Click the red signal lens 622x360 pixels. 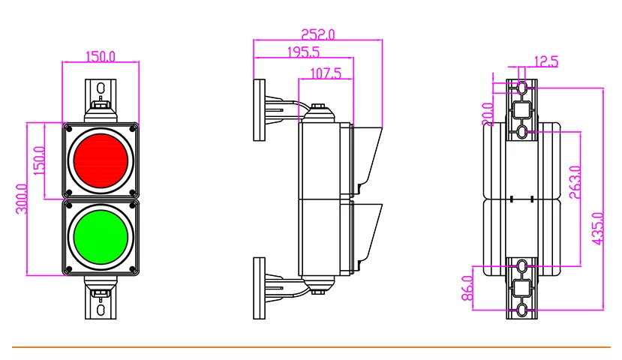coord(101,160)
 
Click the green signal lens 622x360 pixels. coord(101,237)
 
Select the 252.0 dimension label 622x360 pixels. coord(317,34)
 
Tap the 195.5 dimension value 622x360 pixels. coord(303,52)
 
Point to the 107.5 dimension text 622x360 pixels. coord(326,73)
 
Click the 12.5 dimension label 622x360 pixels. coord(546,61)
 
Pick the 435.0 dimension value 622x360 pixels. coord(598,228)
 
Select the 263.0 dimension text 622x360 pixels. coord(575,182)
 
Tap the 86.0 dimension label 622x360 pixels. coord(468,288)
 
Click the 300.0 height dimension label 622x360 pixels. coord(22,199)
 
